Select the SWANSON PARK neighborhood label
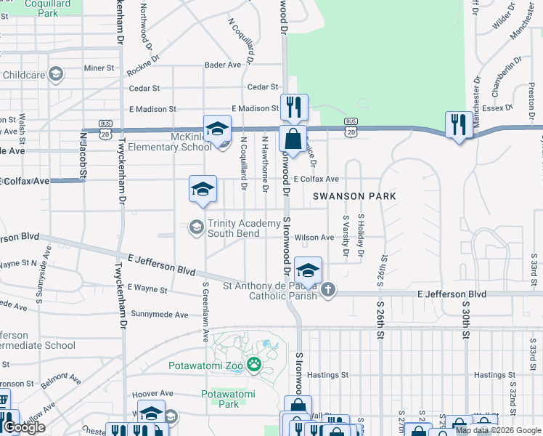click(x=354, y=196)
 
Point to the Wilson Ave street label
click(x=314, y=238)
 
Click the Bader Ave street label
click(x=223, y=65)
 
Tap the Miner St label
click(x=99, y=68)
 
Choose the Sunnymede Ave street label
click(x=159, y=314)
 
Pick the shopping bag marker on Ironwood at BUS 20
click(x=292, y=138)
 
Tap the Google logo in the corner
click(x=24, y=427)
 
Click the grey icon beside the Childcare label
click(x=55, y=74)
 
